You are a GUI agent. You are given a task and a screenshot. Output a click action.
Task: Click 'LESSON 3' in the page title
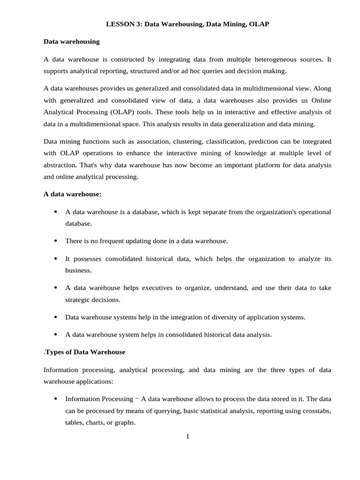120,24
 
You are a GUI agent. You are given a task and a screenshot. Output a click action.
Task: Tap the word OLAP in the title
259,24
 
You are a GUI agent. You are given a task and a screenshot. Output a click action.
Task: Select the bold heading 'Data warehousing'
71,41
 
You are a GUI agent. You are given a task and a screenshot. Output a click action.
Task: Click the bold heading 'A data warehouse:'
72,194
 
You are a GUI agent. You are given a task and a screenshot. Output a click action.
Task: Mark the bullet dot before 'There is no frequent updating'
55,241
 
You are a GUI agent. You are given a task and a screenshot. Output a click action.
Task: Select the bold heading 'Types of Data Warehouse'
86,352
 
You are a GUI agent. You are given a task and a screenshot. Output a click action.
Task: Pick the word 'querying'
135,410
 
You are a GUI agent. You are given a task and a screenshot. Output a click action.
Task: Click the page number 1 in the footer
187,437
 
